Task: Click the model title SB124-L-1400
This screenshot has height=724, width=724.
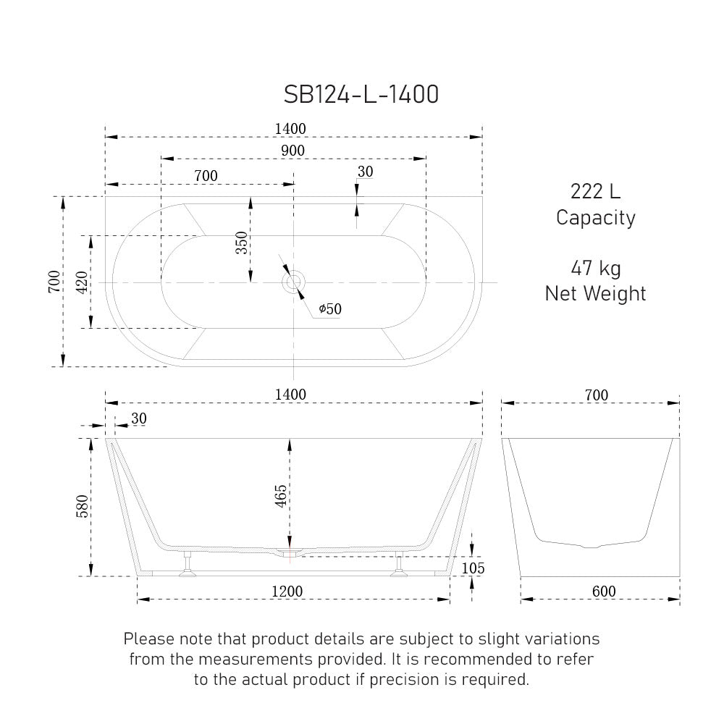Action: coord(361,94)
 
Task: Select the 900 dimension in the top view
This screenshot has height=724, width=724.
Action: coord(292,150)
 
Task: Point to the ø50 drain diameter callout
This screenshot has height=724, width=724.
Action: coord(329,309)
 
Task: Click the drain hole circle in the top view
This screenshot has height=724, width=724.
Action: coord(294,282)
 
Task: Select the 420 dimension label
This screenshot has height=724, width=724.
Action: coord(82,282)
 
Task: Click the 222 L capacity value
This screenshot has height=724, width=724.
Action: coord(595,192)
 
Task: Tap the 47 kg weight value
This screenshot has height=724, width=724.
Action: coord(595,269)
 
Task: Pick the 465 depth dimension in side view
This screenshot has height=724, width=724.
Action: coord(281,498)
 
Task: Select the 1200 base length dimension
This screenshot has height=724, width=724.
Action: coord(287,592)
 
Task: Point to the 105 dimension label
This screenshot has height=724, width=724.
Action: coord(473,568)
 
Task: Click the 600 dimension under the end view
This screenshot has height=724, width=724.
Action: coord(603,592)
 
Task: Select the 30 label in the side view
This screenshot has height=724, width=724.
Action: coord(138,418)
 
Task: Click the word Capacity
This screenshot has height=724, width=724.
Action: coord(595,217)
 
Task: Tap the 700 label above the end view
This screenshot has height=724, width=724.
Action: coord(596,395)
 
